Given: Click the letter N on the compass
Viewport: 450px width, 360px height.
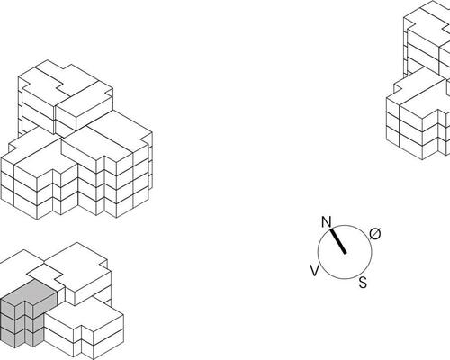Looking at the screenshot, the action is pyautogui.click(x=327, y=222).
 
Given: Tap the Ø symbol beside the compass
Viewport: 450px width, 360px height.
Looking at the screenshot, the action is pyautogui.click(x=375, y=234).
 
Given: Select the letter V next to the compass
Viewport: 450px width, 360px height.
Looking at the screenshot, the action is pyautogui.click(x=314, y=271).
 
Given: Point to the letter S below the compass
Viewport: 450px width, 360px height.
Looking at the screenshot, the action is pyautogui.click(x=363, y=283).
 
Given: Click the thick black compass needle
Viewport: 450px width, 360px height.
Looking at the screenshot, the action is pyautogui.click(x=338, y=241).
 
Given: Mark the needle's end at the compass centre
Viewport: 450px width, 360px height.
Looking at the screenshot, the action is pyautogui.click(x=346, y=253).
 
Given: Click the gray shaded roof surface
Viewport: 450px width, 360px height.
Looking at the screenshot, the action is pyautogui.click(x=30, y=292).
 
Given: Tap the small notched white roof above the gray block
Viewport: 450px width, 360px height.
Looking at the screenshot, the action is pyautogui.click(x=45, y=273).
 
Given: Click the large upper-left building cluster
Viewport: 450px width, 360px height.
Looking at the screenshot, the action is pyautogui.click(x=76, y=139).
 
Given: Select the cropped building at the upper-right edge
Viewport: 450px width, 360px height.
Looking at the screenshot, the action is pyautogui.click(x=418, y=80).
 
